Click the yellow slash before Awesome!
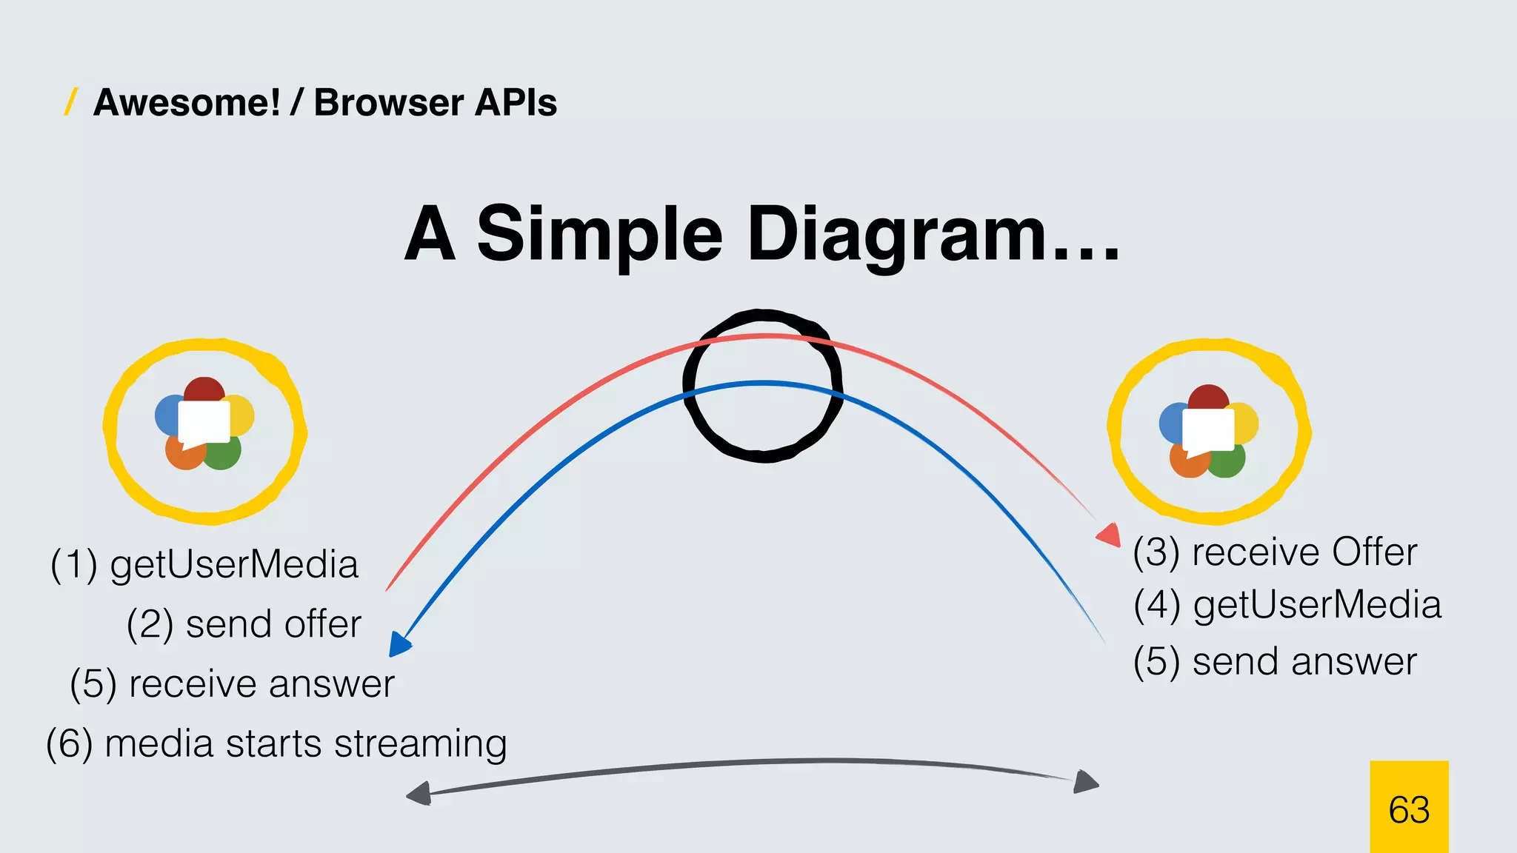[71, 101]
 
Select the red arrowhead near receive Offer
[1110, 535]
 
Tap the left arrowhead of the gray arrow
[419, 794]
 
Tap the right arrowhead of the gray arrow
[1085, 782]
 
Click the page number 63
[1409, 809]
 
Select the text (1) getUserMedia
[204, 564]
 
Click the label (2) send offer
[244, 624]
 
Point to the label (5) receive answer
[232, 683]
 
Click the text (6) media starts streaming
[276, 743]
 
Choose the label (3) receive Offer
[1275, 552]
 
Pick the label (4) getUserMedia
[1287, 605]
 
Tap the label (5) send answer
[1275, 661]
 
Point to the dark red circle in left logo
[204, 389]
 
